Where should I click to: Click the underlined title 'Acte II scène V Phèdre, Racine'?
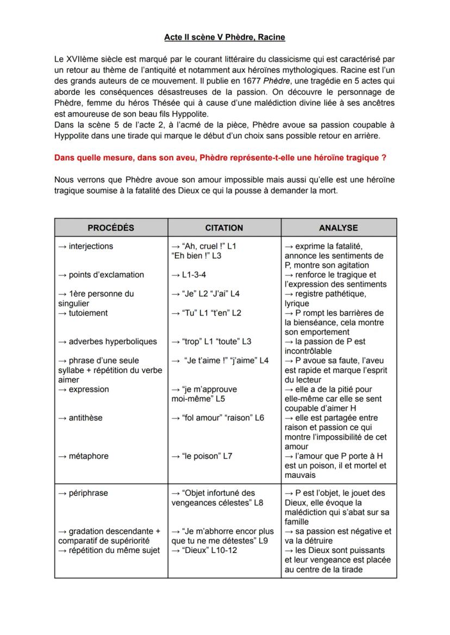point(224,37)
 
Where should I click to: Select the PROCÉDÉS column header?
point(111,228)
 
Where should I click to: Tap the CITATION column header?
point(224,228)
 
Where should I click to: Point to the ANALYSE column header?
point(339,228)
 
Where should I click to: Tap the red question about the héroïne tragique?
point(220,158)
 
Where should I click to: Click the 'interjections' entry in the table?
point(91,247)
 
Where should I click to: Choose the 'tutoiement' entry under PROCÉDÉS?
point(88,313)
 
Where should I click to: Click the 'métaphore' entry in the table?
point(88,456)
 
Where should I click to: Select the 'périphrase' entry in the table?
point(88,493)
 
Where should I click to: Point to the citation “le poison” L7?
point(205,456)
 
